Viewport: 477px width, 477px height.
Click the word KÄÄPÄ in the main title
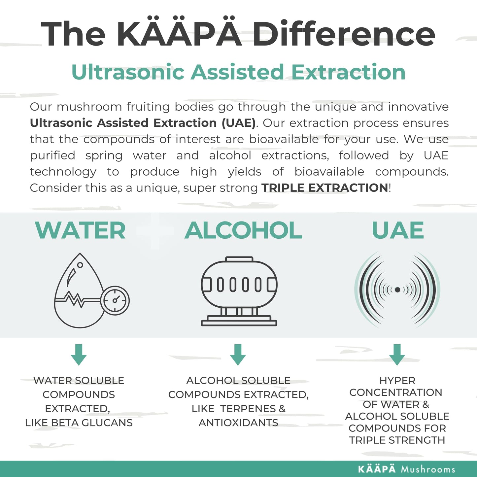click(x=180, y=33)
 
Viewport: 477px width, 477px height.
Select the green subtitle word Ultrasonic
click(x=128, y=72)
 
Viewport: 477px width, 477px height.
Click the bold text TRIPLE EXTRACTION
click(x=324, y=188)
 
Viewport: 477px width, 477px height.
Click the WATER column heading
click(x=80, y=230)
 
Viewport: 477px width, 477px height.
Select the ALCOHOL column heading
click(x=243, y=230)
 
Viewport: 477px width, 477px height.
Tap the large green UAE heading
click(x=397, y=230)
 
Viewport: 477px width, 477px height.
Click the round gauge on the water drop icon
click(x=115, y=300)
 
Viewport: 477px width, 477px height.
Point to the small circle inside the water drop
click(x=80, y=265)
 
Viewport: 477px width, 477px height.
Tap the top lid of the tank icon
click(x=239, y=259)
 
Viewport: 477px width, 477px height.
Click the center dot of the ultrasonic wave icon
click(x=397, y=290)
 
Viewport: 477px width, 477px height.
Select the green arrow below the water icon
click(x=79, y=354)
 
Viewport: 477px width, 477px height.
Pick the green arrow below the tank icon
click(x=238, y=354)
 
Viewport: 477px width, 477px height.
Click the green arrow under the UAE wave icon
click(x=397, y=354)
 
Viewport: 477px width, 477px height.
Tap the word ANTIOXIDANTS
click(x=238, y=423)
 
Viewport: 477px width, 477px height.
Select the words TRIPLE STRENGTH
click(x=397, y=440)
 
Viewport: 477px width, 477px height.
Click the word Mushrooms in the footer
click(x=428, y=469)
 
